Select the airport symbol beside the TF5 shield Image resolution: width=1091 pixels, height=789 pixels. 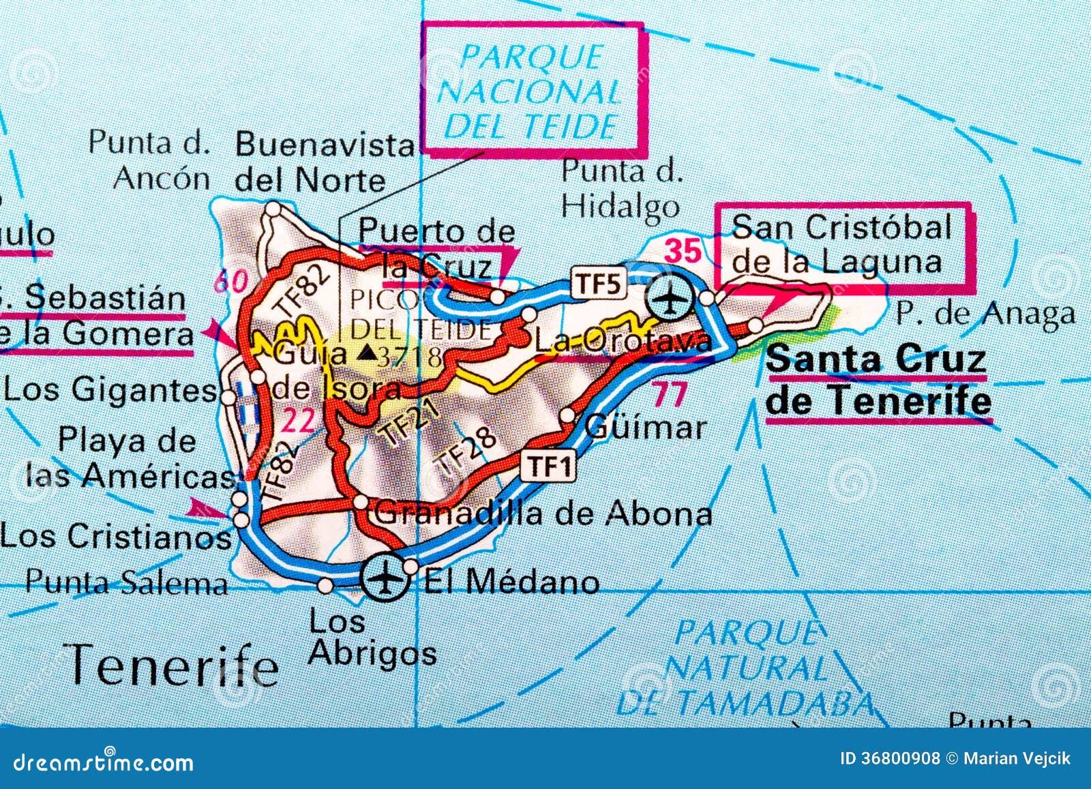tap(671, 297)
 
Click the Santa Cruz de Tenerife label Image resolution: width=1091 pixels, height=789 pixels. tap(878, 380)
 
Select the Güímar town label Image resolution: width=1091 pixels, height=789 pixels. tap(645, 428)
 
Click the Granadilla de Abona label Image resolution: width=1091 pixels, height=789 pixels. tap(543, 513)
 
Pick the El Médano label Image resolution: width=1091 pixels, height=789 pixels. tap(511, 582)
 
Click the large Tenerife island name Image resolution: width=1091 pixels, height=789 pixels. tap(174, 665)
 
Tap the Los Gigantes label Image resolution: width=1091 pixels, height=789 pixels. tap(109, 391)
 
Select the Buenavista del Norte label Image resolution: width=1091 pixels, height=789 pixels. tap(325, 164)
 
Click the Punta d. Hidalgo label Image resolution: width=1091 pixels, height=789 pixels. tap(621, 188)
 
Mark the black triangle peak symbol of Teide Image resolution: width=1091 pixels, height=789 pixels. tap(366, 352)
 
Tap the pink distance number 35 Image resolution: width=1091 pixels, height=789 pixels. tap(683, 251)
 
